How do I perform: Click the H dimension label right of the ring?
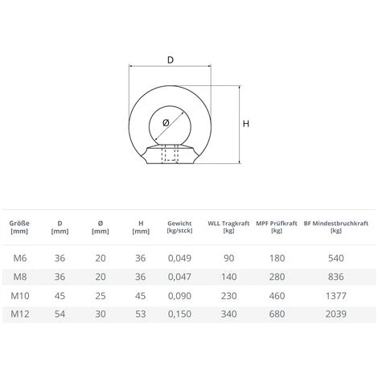coord(247,124)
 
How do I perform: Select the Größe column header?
coord(19,227)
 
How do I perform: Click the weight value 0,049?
coord(180,257)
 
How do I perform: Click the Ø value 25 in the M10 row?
coord(100,296)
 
